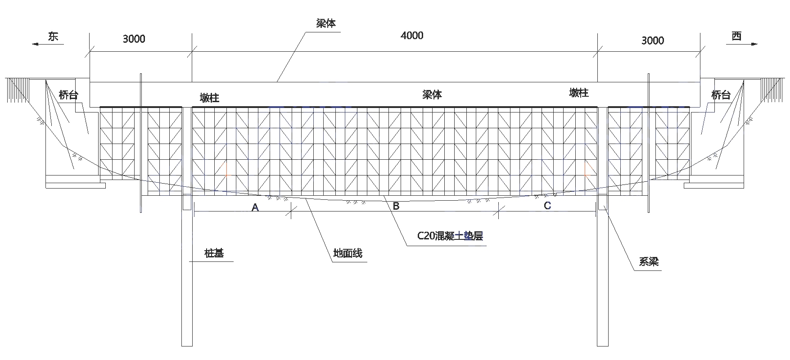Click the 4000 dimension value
412,35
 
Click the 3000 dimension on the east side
134,39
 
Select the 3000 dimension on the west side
653,40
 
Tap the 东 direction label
53,36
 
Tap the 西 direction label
736,36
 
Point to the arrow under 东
48,44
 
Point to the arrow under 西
742,44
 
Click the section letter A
255,207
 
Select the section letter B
396,206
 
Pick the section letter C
547,206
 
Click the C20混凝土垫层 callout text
450,236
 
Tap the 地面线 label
348,253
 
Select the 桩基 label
214,253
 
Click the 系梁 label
649,261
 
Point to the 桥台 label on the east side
68,95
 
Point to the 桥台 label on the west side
721,95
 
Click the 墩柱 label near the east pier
209,98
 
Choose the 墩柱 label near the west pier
579,93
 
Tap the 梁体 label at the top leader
326,24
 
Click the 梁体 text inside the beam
432,94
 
